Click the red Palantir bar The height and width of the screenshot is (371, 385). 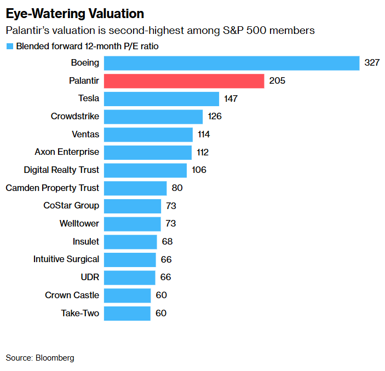[x=184, y=81]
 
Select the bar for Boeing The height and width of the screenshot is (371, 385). [x=231, y=63]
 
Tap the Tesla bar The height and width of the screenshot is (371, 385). [x=161, y=98]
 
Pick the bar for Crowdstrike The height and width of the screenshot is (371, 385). [x=153, y=117]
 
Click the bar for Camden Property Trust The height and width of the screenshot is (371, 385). [x=135, y=188]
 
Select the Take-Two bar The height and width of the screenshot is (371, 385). [x=127, y=314]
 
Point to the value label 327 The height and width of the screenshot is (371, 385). [x=372, y=63]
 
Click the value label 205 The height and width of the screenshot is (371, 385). [x=278, y=81]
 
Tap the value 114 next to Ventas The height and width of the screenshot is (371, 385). [x=204, y=135]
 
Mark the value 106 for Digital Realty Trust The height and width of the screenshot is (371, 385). [x=199, y=170]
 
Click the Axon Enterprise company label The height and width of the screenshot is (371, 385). [x=67, y=152]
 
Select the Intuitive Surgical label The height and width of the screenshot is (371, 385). [x=66, y=259]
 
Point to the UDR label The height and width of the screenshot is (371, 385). [x=90, y=277]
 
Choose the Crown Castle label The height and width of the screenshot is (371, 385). [x=72, y=295]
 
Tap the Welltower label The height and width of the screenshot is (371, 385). [x=79, y=224]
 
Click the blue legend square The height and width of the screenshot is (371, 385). [x=9, y=47]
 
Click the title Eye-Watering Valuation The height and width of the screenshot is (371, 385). [x=75, y=13]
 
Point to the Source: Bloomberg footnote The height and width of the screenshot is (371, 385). [x=40, y=358]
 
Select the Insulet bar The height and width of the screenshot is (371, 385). [x=130, y=242]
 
